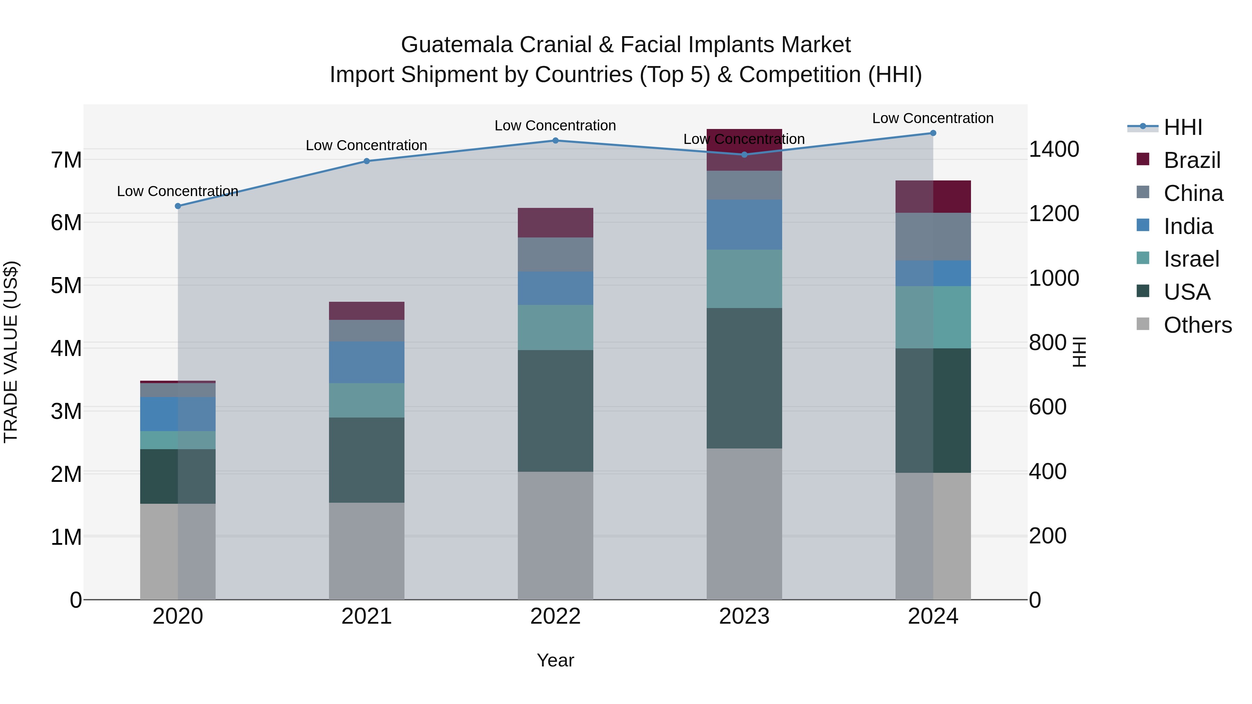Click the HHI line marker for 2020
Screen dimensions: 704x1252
coord(178,206)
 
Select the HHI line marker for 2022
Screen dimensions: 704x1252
coord(555,140)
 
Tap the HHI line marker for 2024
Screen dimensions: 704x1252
coord(933,133)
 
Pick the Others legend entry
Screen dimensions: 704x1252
coord(1197,325)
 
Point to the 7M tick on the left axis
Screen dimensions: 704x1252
coord(66,160)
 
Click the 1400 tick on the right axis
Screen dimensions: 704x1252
coord(1054,149)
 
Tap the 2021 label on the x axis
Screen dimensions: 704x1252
coord(367,616)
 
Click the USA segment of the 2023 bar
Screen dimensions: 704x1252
coord(744,378)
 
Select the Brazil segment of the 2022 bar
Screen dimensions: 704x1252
coord(555,222)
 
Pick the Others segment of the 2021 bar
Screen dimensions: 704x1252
coord(367,551)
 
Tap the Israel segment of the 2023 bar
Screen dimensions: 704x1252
coord(744,279)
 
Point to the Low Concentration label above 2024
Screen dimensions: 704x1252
coord(933,119)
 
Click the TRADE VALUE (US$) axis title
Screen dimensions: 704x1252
coord(11,352)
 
